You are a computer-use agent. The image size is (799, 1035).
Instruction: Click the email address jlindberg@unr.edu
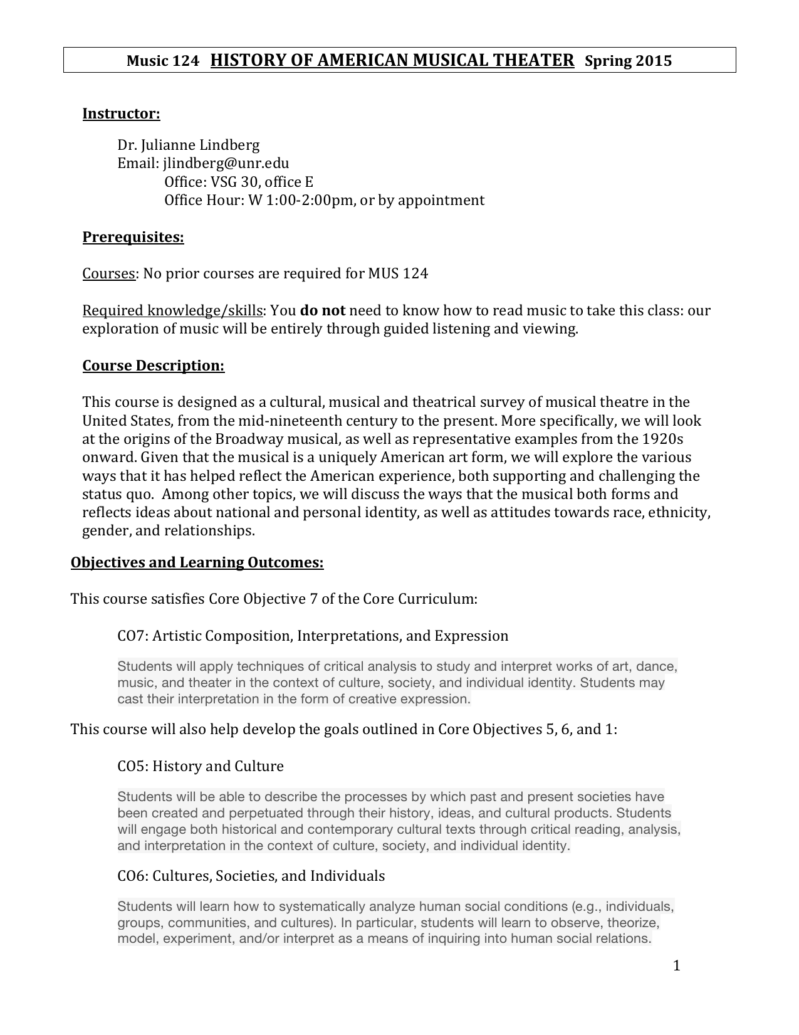click(x=226, y=164)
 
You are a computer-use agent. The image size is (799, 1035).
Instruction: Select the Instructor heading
click(x=122, y=114)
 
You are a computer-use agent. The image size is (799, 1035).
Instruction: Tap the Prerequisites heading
click(x=133, y=238)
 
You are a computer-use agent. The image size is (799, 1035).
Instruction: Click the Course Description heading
click(x=154, y=366)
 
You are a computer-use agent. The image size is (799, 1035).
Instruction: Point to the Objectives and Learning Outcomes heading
click(x=197, y=562)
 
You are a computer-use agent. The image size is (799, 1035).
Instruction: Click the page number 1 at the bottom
click(x=676, y=965)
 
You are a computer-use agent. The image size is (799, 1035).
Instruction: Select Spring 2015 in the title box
click(x=628, y=61)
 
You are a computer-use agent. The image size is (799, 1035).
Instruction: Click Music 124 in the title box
click(x=162, y=61)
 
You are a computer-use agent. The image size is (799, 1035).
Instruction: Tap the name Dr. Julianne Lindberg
click(x=189, y=145)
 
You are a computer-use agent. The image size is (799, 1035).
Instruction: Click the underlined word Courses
click(x=109, y=274)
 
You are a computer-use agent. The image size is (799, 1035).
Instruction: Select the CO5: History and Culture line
click(x=201, y=767)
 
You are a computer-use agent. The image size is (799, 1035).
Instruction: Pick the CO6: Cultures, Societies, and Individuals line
click(x=251, y=876)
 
